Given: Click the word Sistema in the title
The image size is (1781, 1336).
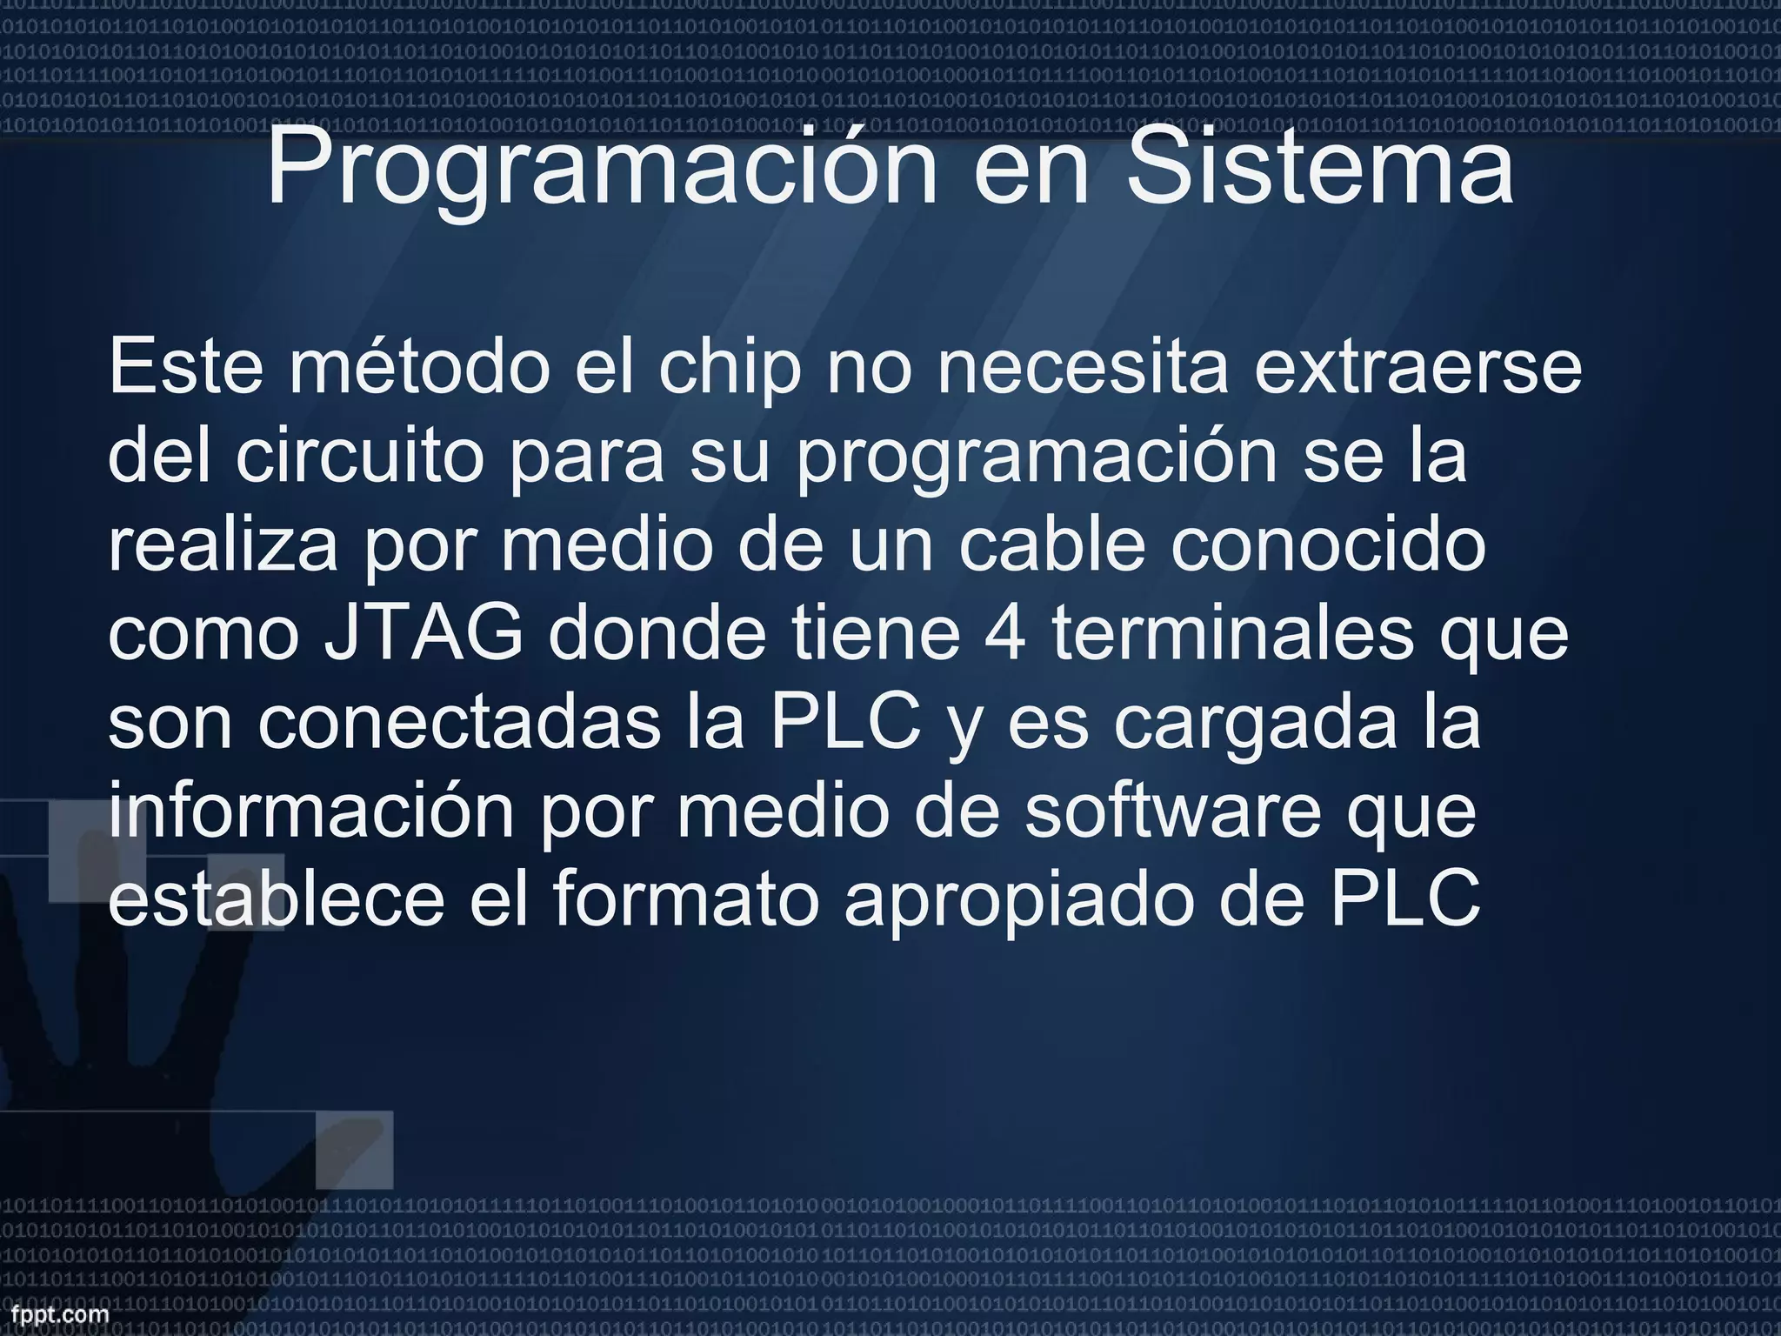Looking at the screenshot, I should [1319, 167].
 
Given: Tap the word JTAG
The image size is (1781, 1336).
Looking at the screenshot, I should [424, 634].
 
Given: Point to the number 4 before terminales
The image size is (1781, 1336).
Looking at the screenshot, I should [1004, 634].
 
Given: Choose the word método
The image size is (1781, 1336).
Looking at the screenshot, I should [420, 367].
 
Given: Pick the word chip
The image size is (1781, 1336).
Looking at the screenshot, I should [730, 367].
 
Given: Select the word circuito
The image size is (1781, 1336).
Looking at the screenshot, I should [359, 456].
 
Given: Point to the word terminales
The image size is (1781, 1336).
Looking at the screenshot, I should [1232, 634].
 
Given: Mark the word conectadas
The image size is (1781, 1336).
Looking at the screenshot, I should [458, 724].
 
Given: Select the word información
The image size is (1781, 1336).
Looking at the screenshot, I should [311, 812].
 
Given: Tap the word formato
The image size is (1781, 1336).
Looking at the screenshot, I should [686, 901].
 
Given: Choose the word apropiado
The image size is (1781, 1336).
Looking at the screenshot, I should [1017, 901].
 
